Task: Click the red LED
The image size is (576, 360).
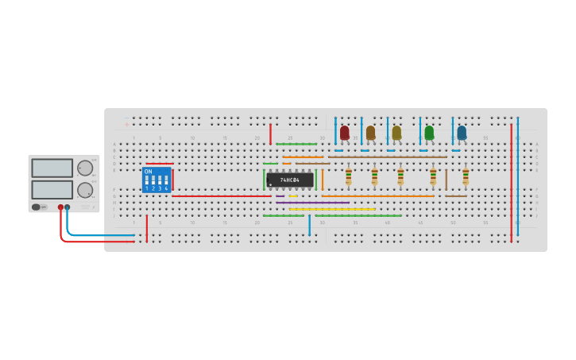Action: pos(344,133)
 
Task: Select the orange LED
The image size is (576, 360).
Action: pos(370,133)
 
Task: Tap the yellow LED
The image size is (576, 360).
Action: pos(396,133)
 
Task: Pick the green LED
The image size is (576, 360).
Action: pos(429,133)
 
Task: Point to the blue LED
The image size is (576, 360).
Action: pos(462,133)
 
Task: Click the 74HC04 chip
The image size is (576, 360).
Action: pos(290,180)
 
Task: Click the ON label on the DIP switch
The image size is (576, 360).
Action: pos(148,172)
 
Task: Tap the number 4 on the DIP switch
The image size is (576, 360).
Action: pos(166,188)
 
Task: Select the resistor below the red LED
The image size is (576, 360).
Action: pos(348,176)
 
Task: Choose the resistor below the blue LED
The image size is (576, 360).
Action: pos(466,176)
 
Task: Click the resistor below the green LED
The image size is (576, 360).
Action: pos(433,176)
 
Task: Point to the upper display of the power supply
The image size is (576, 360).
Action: pos(52,168)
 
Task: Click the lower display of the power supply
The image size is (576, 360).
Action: pos(52,190)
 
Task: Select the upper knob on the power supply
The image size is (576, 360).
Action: pos(84,168)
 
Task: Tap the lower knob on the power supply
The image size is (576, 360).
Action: pos(84,190)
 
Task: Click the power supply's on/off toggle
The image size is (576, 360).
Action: pos(36,207)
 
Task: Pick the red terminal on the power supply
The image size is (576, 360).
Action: pos(60,207)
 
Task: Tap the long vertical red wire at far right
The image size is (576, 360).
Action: pos(511,183)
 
